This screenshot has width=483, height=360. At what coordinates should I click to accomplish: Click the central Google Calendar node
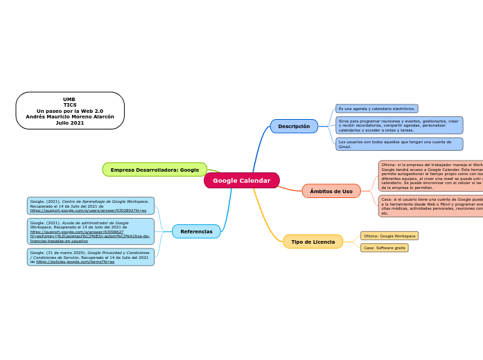(x=241, y=181)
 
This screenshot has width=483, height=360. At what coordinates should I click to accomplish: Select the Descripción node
(x=294, y=126)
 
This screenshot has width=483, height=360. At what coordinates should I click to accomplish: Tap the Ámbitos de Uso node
(x=331, y=191)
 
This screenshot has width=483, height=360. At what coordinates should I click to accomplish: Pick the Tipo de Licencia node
(x=313, y=242)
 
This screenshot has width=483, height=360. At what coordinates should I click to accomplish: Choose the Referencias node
(x=196, y=231)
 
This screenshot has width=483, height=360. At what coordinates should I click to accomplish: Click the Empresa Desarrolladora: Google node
(x=155, y=170)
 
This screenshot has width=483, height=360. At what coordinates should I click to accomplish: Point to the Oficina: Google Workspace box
(x=389, y=236)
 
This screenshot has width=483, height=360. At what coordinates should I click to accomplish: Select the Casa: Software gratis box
(x=385, y=248)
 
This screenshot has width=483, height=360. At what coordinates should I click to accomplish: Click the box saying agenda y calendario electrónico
(x=376, y=109)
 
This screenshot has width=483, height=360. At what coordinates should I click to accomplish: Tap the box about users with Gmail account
(x=398, y=144)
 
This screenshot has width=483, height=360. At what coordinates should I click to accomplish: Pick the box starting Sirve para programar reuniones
(x=398, y=125)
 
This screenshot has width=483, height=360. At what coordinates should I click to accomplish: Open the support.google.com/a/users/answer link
(x=88, y=210)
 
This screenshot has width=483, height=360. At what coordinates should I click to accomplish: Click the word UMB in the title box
(x=69, y=99)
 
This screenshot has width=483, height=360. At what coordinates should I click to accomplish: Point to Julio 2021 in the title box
(x=70, y=123)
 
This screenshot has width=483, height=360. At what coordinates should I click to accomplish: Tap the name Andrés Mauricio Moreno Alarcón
(x=70, y=117)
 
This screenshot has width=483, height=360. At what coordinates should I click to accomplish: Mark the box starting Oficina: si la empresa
(x=430, y=176)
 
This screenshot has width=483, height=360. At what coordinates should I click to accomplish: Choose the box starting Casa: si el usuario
(x=430, y=206)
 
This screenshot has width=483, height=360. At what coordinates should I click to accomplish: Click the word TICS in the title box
(x=70, y=105)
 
